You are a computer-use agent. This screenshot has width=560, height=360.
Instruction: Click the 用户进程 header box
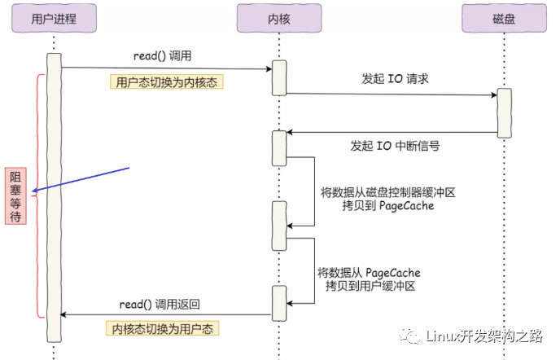click(x=54, y=18)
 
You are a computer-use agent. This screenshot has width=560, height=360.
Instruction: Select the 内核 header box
click(x=279, y=18)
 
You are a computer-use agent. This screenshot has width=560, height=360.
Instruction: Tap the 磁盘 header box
click(x=504, y=18)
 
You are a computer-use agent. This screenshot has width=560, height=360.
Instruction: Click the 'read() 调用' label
click(x=163, y=55)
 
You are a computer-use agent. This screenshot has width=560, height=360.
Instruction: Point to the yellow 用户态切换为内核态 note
click(x=166, y=82)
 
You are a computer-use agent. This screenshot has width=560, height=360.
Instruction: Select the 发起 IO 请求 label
click(x=395, y=79)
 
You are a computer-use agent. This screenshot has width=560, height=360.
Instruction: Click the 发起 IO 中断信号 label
click(x=395, y=146)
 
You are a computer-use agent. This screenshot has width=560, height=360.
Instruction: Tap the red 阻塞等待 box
click(x=15, y=196)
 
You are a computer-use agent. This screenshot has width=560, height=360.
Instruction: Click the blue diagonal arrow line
click(x=81, y=179)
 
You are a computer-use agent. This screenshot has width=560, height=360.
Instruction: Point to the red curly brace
click(x=38, y=196)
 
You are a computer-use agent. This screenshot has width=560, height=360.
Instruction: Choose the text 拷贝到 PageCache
click(x=388, y=206)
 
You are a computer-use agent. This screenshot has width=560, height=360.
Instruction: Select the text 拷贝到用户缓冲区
click(x=370, y=286)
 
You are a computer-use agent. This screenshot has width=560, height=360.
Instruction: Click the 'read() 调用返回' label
click(x=160, y=305)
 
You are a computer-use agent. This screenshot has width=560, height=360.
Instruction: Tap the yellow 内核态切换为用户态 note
click(x=163, y=328)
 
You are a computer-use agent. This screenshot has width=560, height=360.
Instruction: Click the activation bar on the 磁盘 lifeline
click(x=505, y=113)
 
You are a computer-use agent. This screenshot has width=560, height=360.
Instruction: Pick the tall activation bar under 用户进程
click(x=54, y=198)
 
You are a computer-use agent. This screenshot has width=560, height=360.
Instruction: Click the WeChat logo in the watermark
click(x=409, y=336)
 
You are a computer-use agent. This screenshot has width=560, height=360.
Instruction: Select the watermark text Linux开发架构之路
click(x=484, y=336)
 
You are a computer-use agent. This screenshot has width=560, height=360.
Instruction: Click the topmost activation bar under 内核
click(x=279, y=78)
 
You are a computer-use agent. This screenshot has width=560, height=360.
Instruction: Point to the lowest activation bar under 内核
click(x=279, y=303)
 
